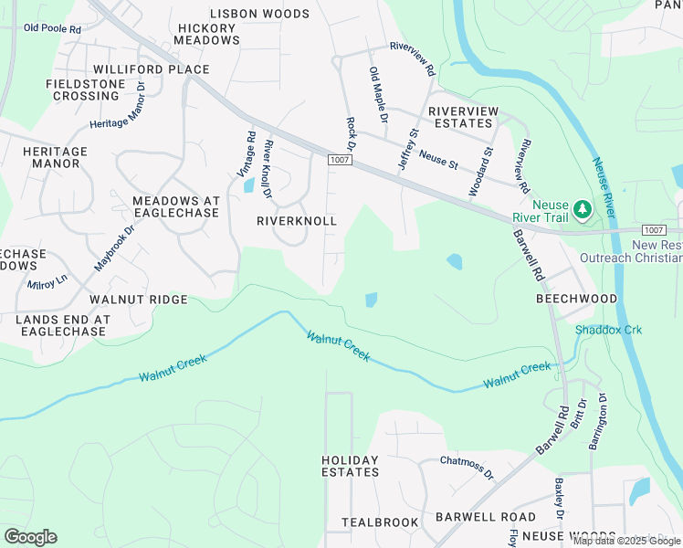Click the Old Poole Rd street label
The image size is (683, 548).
point(52,28)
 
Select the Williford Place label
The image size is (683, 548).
point(151,69)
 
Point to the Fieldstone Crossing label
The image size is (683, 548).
point(86,90)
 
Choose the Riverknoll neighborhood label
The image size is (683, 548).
point(297,221)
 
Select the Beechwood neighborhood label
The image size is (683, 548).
point(576,299)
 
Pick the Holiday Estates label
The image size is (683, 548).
point(350,466)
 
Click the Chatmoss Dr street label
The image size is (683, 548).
point(467,468)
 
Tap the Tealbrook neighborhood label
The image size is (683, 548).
point(380,522)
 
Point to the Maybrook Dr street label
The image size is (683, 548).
point(114,247)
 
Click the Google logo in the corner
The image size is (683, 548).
point(30,537)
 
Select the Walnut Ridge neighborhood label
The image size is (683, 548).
point(138,299)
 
